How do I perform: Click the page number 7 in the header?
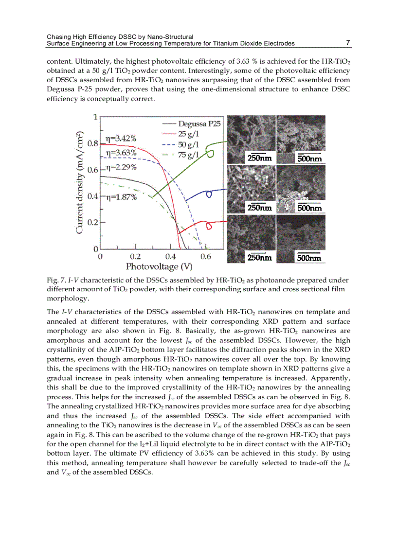point(348,43)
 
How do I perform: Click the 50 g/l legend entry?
point(189,144)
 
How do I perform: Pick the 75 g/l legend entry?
point(189,155)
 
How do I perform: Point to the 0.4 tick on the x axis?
point(171,257)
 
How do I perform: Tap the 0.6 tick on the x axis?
point(206,257)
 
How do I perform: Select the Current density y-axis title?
point(81,182)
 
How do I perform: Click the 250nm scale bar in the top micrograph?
point(259,158)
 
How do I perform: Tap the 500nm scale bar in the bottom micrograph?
point(309,258)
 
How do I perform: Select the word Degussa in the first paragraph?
point(60,89)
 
